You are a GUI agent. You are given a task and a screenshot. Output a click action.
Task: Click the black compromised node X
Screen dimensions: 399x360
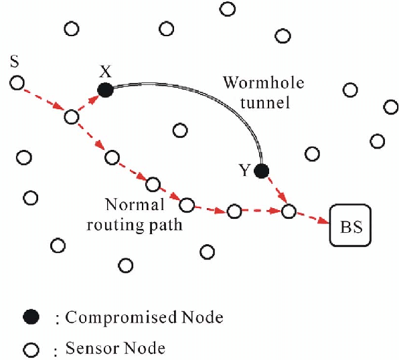tap(105, 90)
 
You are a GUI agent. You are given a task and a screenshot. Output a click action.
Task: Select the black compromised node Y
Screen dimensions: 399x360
tap(262, 171)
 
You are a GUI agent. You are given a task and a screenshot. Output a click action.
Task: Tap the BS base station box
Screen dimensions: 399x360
tap(350, 226)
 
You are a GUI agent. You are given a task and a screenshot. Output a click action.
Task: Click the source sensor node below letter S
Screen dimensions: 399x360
tap(17, 83)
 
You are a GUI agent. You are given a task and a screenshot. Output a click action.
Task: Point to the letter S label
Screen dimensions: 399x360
tap(15, 62)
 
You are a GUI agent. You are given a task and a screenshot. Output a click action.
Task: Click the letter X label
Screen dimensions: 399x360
tap(105, 72)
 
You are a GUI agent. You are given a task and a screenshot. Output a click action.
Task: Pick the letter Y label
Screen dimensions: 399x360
tap(244, 170)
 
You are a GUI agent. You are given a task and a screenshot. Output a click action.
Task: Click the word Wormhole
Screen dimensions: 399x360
tap(264, 82)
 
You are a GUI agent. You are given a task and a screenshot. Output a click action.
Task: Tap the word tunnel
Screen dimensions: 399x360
tap(265, 102)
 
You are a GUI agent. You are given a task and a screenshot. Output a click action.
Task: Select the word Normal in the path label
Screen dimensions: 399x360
tap(135, 205)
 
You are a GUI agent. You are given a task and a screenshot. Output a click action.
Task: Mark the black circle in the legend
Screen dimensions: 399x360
tap(31, 317)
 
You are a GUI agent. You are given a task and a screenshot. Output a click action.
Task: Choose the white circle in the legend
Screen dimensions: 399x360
tap(31, 350)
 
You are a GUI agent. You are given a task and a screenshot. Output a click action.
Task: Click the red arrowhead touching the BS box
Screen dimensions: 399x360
tap(323, 220)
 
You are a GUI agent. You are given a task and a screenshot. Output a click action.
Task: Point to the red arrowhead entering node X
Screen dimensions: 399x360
tap(93, 99)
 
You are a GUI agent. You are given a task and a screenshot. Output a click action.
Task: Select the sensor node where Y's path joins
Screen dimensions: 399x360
tap(289, 211)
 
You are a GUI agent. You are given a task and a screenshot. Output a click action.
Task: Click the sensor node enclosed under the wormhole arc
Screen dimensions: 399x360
tap(180, 130)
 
